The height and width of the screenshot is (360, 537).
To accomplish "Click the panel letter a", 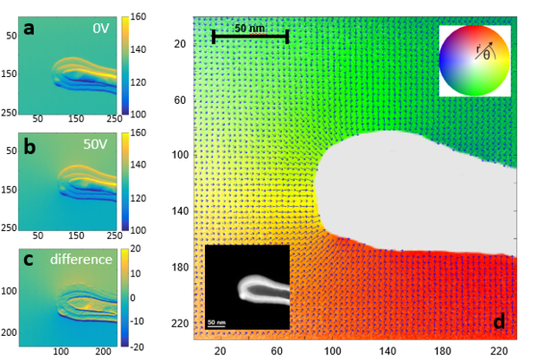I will [30, 28].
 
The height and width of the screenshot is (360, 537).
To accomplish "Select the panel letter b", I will [30, 146].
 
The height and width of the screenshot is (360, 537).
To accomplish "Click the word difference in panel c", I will [82, 260].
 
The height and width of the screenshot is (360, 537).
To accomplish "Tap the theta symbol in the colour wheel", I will [486, 54].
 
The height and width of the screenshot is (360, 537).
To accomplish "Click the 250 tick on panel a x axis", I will [114, 118].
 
